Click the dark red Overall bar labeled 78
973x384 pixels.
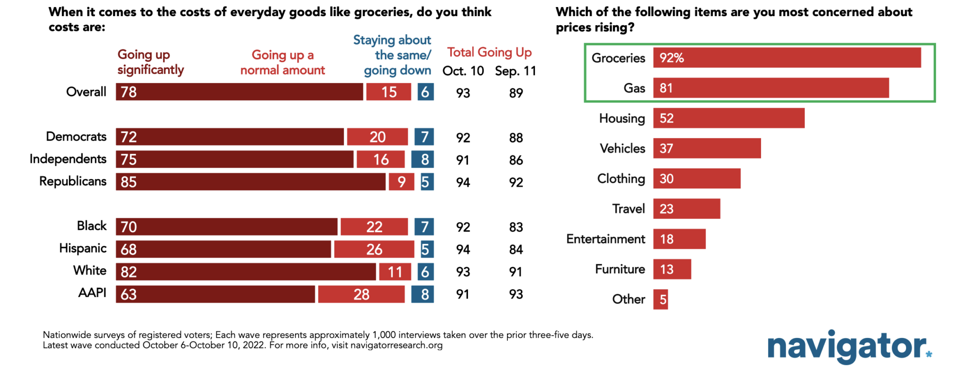(x=239, y=92)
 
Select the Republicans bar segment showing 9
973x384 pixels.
(x=401, y=182)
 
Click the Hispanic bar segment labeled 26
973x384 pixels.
(x=374, y=249)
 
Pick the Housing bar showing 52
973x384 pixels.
(x=728, y=118)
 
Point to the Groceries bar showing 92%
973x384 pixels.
(x=787, y=58)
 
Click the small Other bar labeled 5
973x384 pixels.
(x=660, y=300)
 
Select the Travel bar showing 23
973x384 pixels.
(x=687, y=209)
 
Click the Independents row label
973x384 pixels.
(x=68, y=159)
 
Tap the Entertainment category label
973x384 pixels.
(x=605, y=239)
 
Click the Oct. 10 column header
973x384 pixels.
(x=463, y=71)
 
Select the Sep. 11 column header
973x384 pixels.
(x=515, y=71)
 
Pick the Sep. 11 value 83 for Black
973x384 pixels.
(x=516, y=227)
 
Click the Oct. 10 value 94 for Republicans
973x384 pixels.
(x=463, y=182)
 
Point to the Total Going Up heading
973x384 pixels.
(x=489, y=52)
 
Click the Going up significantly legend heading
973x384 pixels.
(x=150, y=62)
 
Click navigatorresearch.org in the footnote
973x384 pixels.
(x=396, y=345)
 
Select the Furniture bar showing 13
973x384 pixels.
(x=672, y=269)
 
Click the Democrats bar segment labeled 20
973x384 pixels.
(x=377, y=137)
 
